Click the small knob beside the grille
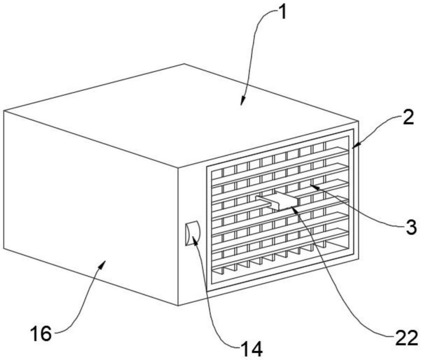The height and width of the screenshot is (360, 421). (192, 233)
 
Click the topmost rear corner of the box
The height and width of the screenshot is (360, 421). (184, 64)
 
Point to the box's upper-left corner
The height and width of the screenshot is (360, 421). (4, 111)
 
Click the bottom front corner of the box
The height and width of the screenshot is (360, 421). (178, 306)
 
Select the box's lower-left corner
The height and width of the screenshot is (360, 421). (4, 248)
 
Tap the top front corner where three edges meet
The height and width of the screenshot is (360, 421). (178, 166)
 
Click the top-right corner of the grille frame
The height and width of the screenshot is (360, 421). (354, 129)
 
